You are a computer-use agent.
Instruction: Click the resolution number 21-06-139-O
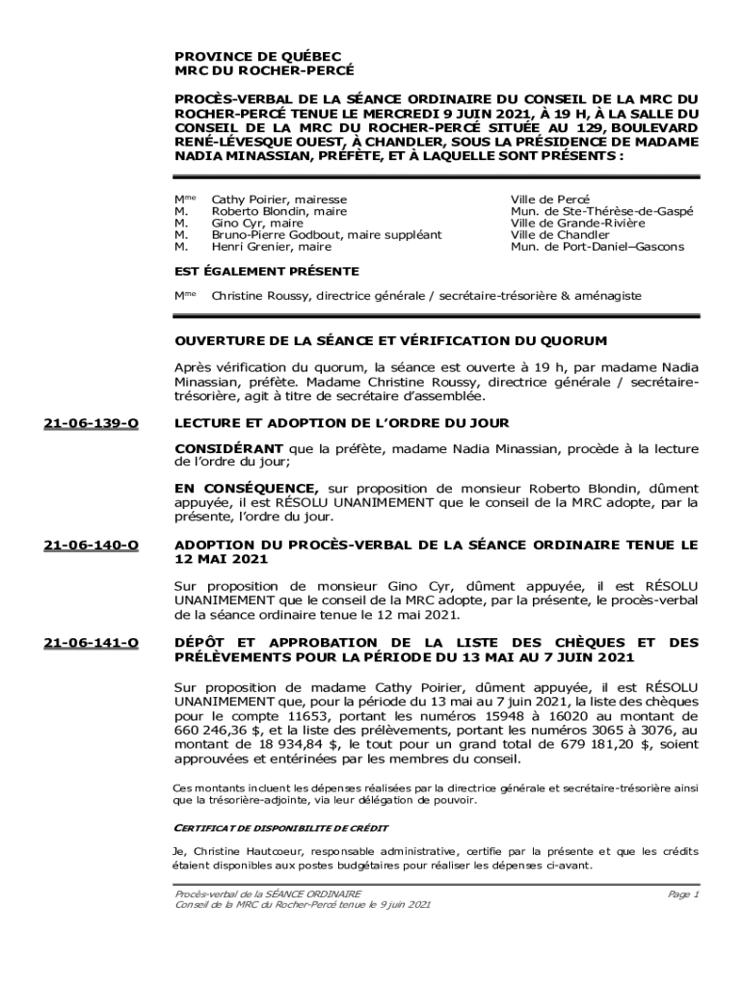[x=92, y=423]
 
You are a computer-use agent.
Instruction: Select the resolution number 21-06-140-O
[x=92, y=546]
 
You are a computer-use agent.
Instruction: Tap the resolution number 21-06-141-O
[x=92, y=643]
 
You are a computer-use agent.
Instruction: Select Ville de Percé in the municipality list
[x=550, y=200]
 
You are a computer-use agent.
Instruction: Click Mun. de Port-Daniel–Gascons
[x=597, y=247]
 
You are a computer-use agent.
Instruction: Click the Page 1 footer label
[x=682, y=894]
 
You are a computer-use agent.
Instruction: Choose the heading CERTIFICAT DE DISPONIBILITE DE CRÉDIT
[x=280, y=828]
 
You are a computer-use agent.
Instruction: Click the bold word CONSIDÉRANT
[x=228, y=449]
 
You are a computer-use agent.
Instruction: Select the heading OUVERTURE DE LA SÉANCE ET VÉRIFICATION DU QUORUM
[x=390, y=341]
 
